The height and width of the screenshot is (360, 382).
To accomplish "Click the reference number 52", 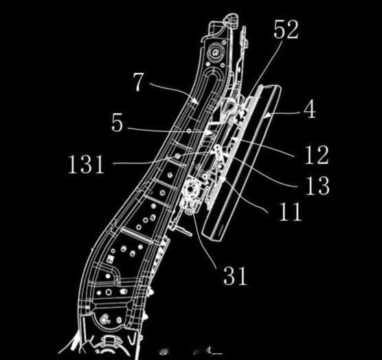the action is [286, 30].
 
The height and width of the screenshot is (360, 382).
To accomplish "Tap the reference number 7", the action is [138, 82].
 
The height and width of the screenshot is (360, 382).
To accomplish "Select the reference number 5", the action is [117, 123].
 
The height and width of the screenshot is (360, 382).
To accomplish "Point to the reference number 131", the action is [86, 164].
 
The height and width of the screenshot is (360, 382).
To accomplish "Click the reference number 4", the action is [310, 109].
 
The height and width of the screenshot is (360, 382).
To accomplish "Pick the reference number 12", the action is [317, 155].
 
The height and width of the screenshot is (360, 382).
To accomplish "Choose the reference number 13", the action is [317, 185].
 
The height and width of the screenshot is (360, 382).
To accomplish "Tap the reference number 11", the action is [290, 212].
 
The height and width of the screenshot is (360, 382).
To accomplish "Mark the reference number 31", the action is [236, 275].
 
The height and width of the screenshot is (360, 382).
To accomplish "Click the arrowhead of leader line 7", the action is [194, 100].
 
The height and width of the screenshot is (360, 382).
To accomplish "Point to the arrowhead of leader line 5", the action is [207, 133].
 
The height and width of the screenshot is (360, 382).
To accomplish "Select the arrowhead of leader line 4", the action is [268, 115].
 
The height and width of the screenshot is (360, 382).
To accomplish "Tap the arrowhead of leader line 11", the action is [223, 179].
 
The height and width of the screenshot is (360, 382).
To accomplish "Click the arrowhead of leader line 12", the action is [234, 139].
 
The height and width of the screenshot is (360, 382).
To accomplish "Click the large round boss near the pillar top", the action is [216, 53].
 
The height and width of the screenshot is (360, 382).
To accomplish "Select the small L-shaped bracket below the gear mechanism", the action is [182, 228].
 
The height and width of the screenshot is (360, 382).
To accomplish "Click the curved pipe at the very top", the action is [232, 20].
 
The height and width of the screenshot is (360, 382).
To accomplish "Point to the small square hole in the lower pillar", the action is [110, 259].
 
